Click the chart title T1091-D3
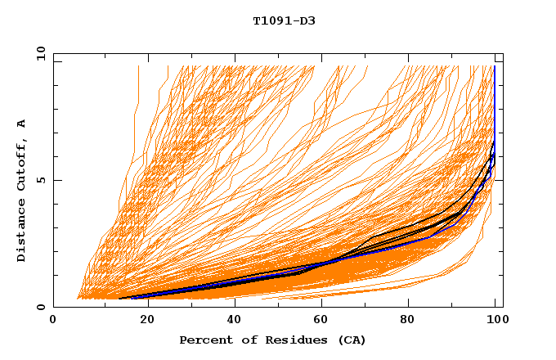coord(284,21)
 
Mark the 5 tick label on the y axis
coord(40,180)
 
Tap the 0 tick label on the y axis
coord(40,307)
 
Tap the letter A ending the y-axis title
coord(22,124)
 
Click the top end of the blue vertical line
coord(494,67)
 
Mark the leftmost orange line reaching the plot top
coord(138,67)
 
